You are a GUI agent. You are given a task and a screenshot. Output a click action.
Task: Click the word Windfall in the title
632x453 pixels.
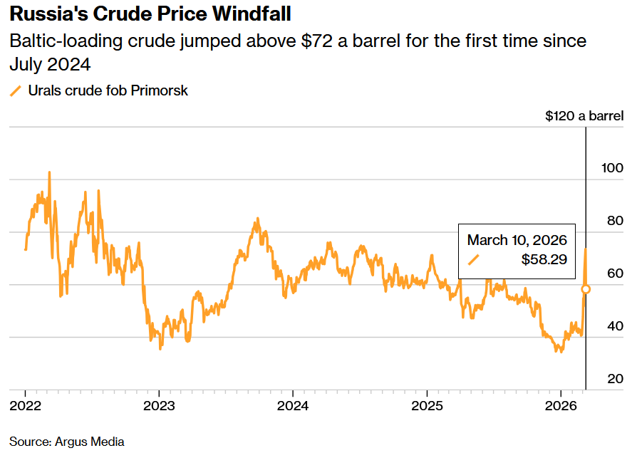[251, 14]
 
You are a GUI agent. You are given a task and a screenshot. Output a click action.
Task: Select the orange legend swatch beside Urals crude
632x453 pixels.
[16, 90]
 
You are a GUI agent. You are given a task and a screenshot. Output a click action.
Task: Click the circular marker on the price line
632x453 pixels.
[586, 289]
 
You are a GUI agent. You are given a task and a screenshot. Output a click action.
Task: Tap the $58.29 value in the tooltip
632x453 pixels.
[544, 260]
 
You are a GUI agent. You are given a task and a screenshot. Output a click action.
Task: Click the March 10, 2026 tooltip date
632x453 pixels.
[517, 239]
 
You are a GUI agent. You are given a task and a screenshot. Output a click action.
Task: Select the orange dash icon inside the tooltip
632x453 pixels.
[473, 260]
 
